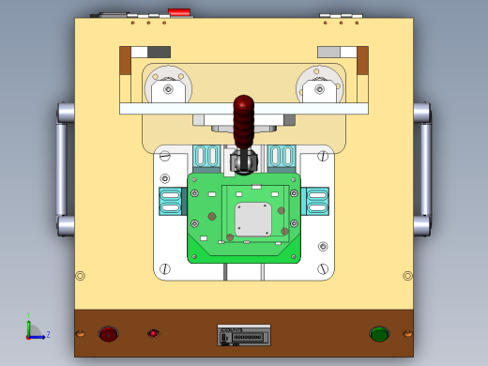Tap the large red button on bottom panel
point(108,333)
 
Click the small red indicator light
point(153,333)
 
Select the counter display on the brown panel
point(244,335)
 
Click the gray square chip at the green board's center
point(252,219)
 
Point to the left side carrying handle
point(62,169)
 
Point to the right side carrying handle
point(425,169)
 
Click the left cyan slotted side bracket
point(170,201)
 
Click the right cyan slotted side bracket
point(317,201)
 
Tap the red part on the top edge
point(178,13)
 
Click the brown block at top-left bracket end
point(125,60)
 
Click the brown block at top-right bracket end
point(362,60)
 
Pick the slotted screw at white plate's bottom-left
point(165,269)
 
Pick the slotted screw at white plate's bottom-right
point(323,269)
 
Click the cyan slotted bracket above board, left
point(206,156)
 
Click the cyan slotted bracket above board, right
point(282,156)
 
